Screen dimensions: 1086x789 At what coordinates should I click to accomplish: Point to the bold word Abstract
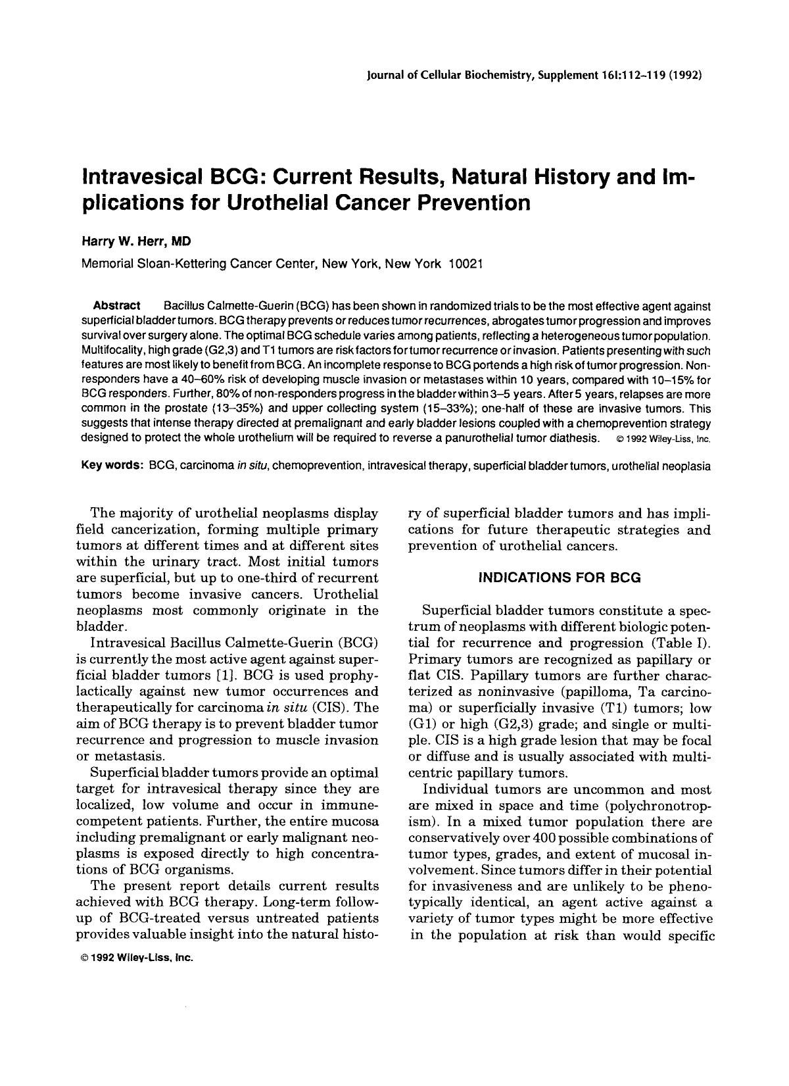(117, 306)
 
